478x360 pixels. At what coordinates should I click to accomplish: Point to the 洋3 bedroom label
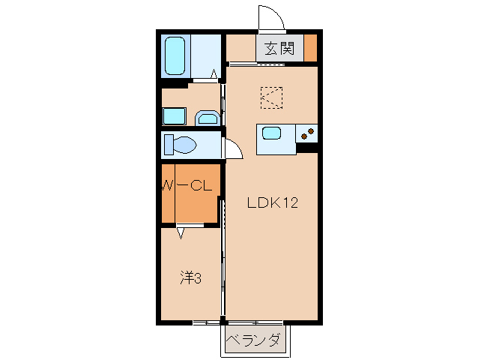190,277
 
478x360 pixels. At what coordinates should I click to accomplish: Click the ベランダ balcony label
255,340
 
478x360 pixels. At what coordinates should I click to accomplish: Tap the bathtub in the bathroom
175,55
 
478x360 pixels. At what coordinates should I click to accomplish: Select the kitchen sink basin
270,134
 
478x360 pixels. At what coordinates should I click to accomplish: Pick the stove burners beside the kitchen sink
307,134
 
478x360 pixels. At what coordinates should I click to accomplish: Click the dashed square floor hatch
271,97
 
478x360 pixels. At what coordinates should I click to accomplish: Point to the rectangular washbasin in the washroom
175,116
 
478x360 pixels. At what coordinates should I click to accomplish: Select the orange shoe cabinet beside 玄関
310,49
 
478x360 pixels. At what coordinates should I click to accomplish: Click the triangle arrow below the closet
181,233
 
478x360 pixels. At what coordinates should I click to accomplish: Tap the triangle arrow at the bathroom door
214,73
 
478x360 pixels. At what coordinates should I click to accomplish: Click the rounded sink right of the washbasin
207,118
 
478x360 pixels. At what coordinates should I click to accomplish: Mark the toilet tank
167,144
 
